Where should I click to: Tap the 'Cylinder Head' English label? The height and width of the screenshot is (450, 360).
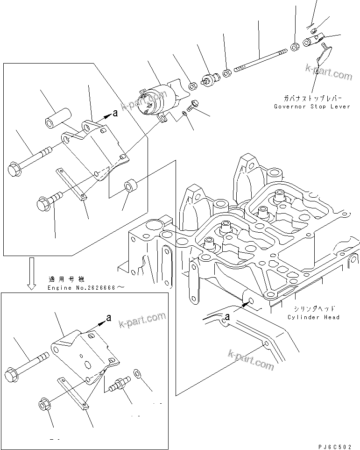(314, 317)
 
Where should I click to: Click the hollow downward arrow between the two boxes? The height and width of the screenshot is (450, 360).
(31, 273)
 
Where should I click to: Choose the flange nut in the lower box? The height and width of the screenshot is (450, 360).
(44, 402)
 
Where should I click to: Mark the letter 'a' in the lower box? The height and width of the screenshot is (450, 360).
(108, 317)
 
